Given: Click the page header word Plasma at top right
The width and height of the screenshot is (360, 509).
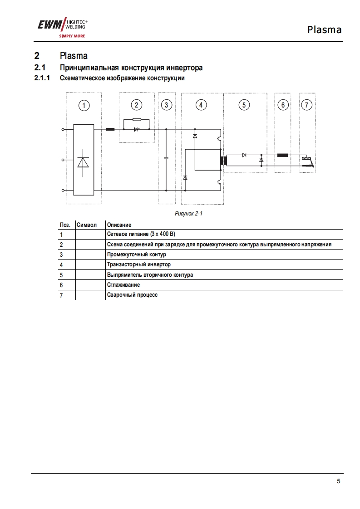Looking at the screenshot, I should coord(324,30).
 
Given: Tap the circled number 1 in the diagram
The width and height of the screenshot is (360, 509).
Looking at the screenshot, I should coord(84,106).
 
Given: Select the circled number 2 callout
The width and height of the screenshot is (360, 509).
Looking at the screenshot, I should coord(137,105).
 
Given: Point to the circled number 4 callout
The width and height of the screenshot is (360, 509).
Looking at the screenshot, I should coord(201,105).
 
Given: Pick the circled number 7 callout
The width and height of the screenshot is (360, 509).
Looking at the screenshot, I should coord(307,105).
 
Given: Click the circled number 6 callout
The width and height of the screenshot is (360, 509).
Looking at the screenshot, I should coord(283,105).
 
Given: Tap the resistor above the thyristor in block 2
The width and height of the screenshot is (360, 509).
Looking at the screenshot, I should coord(136,120).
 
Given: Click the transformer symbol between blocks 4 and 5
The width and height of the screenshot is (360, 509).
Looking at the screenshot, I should coord(223,160).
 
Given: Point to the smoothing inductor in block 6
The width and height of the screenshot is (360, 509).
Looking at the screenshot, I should coord(283,155).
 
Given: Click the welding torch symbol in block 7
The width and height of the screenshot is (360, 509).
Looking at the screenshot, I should coord(308,162).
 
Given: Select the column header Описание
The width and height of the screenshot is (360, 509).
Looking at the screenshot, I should coord(119,225).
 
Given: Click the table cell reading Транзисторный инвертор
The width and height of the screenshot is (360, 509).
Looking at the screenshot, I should coord(139,264).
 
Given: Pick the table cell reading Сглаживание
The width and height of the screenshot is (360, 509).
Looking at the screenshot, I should coord(123,285).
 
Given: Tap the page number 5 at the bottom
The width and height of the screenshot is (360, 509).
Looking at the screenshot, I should coord(338,481).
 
